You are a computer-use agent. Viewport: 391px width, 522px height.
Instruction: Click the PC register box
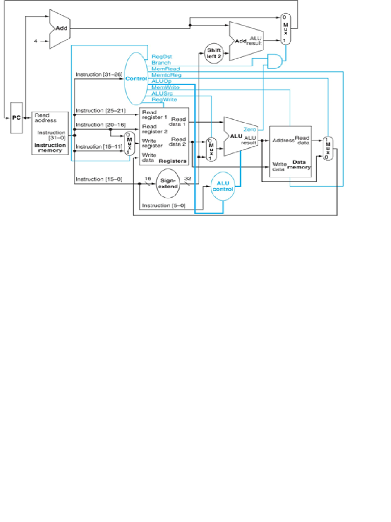click(17, 117)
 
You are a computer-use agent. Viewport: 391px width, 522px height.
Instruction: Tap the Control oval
click(135, 79)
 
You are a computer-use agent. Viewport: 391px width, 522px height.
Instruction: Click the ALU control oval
click(223, 186)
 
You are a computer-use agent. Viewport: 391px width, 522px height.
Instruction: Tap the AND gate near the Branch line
click(273, 61)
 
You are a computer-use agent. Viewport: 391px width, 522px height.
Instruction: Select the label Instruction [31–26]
click(99, 74)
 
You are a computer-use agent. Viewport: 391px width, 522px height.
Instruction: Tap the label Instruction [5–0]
click(163, 205)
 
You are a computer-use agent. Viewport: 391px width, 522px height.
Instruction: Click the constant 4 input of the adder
click(36, 40)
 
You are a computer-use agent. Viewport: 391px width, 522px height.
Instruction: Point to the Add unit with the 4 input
click(59, 29)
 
